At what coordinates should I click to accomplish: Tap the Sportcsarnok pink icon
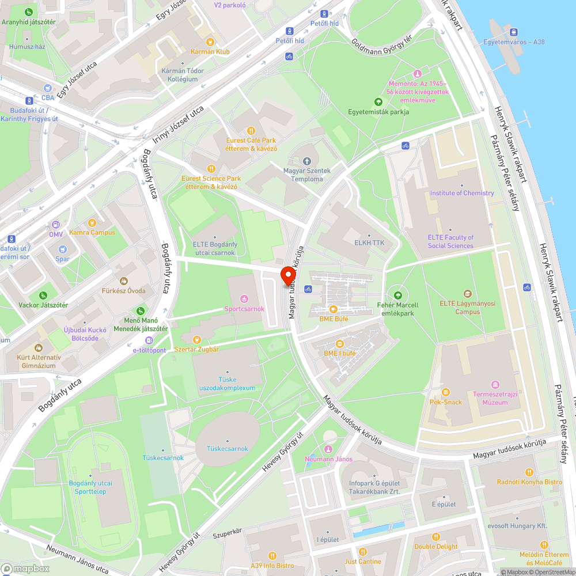(x=244, y=298)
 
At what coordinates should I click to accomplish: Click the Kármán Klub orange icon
(x=210, y=41)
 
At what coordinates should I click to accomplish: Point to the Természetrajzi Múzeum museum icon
(x=494, y=385)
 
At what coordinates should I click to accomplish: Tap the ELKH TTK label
(x=369, y=243)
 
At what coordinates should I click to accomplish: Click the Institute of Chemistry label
(x=462, y=193)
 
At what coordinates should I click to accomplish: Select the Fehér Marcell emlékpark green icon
(x=396, y=295)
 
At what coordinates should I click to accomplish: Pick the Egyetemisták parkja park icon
(x=378, y=102)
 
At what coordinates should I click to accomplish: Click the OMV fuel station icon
(x=55, y=225)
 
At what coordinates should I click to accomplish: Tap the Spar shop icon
(x=62, y=249)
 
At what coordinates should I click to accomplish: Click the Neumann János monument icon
(x=328, y=449)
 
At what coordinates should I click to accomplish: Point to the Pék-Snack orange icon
(x=445, y=392)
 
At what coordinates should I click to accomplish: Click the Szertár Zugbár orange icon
(x=197, y=340)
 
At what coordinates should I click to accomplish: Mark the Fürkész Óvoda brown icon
(x=123, y=281)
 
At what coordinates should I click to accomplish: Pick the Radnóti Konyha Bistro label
(x=529, y=482)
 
